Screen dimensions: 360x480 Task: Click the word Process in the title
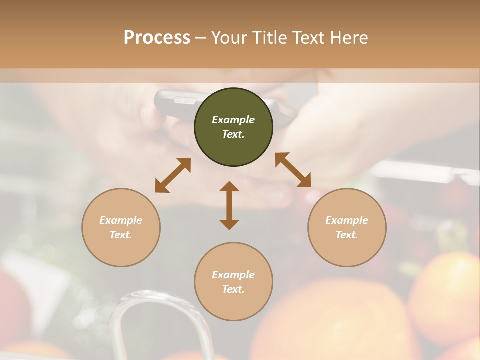157,38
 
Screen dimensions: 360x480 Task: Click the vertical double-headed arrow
229,205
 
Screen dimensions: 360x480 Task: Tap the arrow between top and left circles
173,175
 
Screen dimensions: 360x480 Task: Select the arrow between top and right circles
293,170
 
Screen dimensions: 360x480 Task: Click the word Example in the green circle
233,120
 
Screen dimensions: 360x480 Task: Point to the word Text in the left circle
121,235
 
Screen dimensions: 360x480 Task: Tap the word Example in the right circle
347,220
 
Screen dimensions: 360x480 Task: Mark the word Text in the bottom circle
233,289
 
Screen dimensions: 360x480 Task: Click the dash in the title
200,38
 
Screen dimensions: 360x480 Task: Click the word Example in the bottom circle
233,275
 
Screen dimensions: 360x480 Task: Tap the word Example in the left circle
121,220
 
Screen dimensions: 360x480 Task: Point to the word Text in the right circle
347,235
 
